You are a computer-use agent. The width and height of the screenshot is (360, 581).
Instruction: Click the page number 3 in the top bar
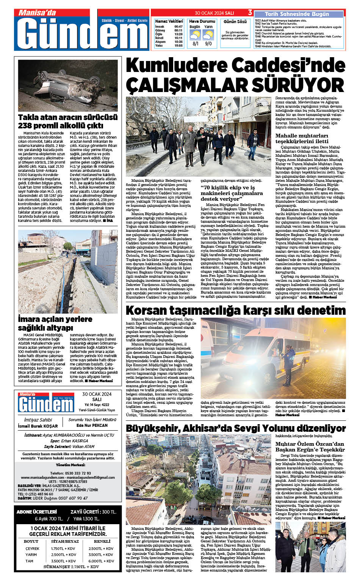[250, 13]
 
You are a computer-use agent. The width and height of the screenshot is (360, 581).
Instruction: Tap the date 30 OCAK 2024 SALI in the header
[214, 13]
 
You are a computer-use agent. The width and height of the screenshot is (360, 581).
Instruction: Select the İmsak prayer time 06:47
[178, 27]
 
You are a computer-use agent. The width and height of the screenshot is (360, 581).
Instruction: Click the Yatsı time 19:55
[178, 45]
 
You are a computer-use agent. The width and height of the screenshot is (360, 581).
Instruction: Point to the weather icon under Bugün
[195, 35]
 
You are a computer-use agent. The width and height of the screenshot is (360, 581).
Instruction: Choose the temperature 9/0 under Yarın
[208, 44]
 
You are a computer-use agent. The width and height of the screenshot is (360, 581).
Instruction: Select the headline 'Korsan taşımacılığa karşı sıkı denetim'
[235, 311]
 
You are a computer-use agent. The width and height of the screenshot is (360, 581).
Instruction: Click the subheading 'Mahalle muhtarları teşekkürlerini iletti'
[302, 138]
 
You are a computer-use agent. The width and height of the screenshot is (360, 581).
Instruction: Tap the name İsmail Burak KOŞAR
[38, 426]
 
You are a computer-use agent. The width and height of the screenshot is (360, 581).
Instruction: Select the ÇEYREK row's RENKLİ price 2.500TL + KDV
[101, 548]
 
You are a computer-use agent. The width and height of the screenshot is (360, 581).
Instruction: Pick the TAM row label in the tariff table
[30, 561]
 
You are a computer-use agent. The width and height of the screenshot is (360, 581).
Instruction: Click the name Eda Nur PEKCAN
[92, 425]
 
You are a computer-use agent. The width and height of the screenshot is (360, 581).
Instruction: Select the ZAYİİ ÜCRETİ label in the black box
[84, 512]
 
